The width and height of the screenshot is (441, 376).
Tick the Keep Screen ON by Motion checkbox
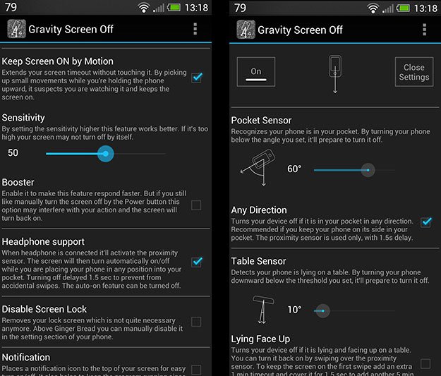[196, 77]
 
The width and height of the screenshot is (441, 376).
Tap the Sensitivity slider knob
[105, 153]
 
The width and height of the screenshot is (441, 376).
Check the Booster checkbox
[196, 205]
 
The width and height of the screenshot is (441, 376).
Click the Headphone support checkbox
[196, 262]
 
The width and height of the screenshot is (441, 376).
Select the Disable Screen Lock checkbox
[196, 322]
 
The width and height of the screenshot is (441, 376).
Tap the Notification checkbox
[196, 369]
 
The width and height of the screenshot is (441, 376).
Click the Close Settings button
[413, 73]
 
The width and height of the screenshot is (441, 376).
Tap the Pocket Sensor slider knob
[367, 170]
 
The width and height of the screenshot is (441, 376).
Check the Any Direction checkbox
[425, 222]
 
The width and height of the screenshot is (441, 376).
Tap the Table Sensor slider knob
[322, 310]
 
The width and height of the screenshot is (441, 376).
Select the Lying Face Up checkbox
[425, 363]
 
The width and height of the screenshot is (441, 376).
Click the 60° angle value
[294, 170]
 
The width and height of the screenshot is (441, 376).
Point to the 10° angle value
[294, 310]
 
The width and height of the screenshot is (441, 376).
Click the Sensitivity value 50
[13, 153]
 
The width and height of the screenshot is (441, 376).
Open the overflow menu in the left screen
[195, 30]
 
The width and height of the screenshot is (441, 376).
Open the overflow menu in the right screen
[424, 30]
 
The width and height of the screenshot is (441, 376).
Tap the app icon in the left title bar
[16, 30]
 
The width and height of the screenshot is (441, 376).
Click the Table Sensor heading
[258, 261]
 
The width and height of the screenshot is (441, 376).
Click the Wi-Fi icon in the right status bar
[373, 8]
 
